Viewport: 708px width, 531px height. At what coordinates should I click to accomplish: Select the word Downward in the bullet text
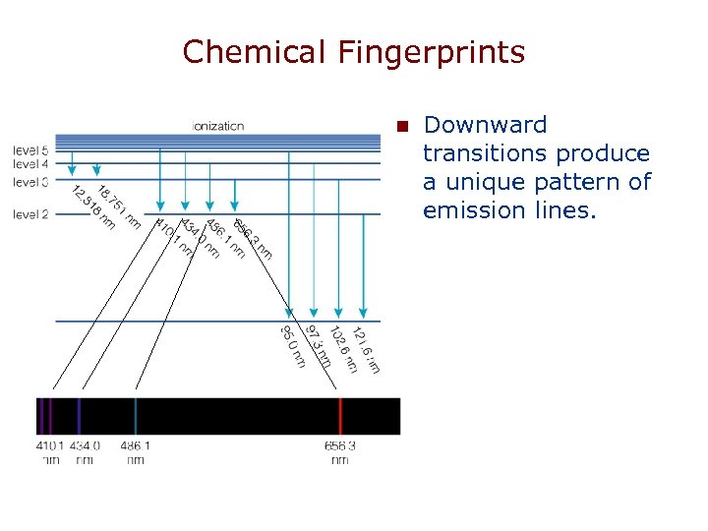click(485, 125)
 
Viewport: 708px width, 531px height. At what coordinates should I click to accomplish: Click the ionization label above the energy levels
click(218, 126)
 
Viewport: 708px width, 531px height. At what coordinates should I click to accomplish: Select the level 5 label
click(30, 149)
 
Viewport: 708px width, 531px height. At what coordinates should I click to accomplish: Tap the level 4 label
click(30, 163)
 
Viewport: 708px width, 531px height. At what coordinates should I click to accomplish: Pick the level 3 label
click(30, 182)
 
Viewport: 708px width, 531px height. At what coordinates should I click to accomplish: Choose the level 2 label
click(30, 213)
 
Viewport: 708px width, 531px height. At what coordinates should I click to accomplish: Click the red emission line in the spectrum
click(340, 416)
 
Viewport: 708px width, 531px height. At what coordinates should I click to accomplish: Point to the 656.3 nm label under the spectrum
click(340, 451)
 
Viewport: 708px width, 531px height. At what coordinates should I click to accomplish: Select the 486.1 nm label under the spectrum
click(135, 451)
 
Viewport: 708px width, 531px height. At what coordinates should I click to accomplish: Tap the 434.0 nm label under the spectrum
click(85, 451)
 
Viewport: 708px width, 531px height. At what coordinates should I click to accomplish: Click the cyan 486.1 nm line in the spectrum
click(135, 416)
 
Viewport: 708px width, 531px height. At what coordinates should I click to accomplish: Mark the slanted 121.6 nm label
click(366, 349)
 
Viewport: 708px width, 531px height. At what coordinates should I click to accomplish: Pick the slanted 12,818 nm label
click(93, 207)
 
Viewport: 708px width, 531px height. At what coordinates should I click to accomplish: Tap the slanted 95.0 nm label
click(293, 346)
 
